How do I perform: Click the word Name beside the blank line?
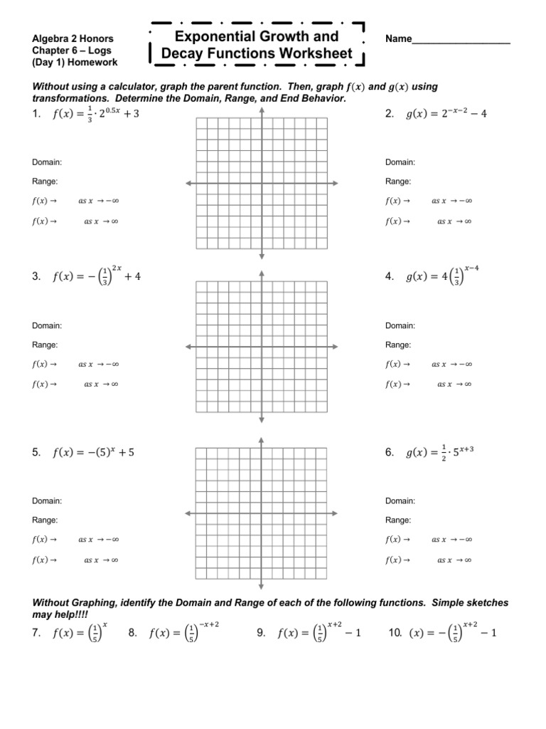398,38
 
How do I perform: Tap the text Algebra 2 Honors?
73,38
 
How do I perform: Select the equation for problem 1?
96,115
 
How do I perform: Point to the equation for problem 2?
446,114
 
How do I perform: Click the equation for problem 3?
97,276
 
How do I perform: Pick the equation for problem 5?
93,451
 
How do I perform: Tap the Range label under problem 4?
398,345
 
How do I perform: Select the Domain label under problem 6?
400,500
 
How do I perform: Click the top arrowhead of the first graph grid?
262,111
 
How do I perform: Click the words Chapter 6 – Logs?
71,51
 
